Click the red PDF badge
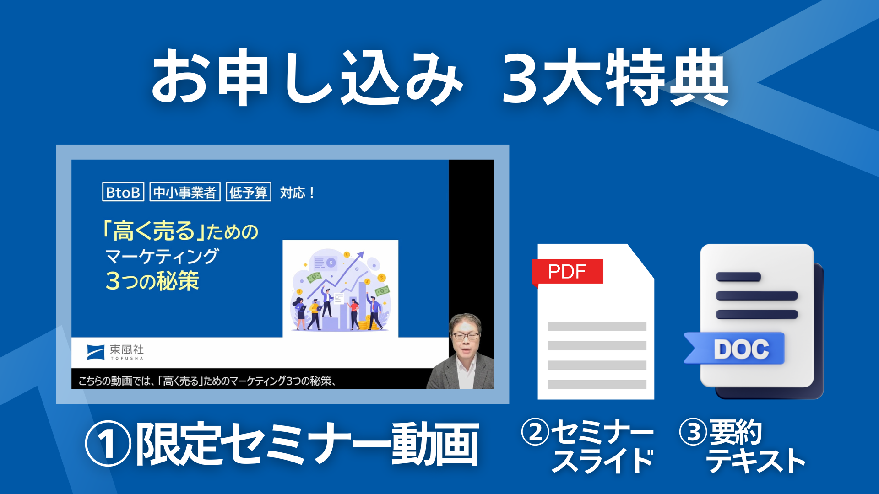pyautogui.click(x=567, y=272)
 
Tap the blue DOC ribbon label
pyautogui.click(x=735, y=349)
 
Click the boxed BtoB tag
pyautogui.click(x=123, y=192)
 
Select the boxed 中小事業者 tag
pyautogui.click(x=185, y=192)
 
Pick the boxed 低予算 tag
pyautogui.click(x=249, y=192)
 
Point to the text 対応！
pyautogui.click(x=298, y=193)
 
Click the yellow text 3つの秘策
pyautogui.click(x=152, y=280)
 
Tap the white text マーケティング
pyautogui.click(x=162, y=256)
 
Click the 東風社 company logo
pyautogui.click(x=115, y=352)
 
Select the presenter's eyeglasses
pyautogui.click(x=466, y=336)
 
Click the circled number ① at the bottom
pyautogui.click(x=108, y=444)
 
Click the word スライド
pyautogui.click(x=602, y=461)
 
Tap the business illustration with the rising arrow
pyautogui.click(x=340, y=289)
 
